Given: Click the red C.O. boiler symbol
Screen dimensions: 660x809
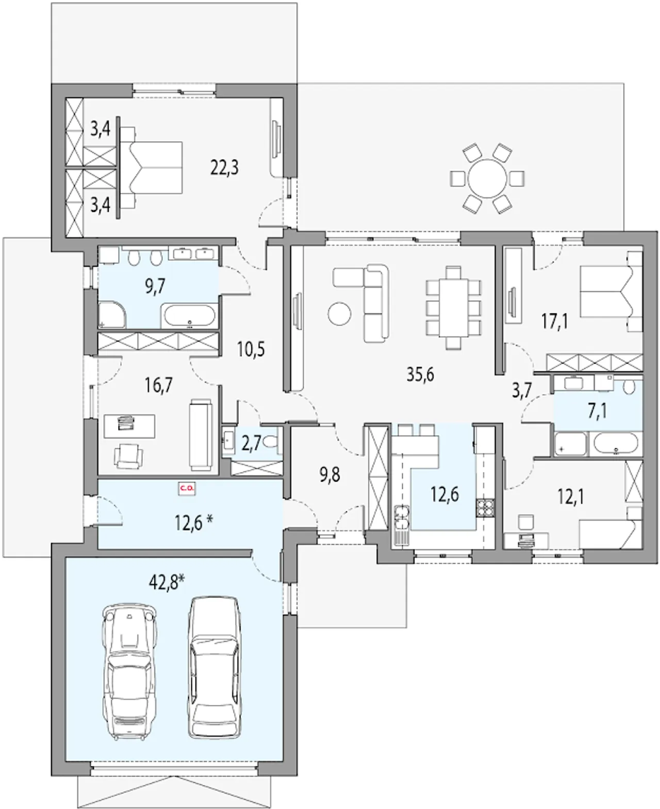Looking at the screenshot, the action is [187, 488].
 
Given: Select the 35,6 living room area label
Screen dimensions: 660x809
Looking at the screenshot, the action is [420, 375].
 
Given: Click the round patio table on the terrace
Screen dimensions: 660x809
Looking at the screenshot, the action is [487, 178].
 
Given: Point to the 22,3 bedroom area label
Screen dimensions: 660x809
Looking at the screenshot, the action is [224, 167].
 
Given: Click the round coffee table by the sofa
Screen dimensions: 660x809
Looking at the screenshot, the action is [339, 314].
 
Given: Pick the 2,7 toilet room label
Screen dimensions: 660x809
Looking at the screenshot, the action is [252, 444].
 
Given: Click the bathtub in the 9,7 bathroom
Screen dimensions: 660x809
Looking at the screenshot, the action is [190, 316].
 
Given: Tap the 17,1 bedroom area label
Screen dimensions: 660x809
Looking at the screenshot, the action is [555, 321].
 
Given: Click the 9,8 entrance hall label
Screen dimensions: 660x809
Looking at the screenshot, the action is [330, 475].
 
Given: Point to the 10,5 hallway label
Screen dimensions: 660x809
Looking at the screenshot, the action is [251, 349].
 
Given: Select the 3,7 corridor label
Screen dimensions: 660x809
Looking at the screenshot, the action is [522, 391].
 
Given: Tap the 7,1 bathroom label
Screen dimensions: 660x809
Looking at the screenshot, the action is [597, 412].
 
